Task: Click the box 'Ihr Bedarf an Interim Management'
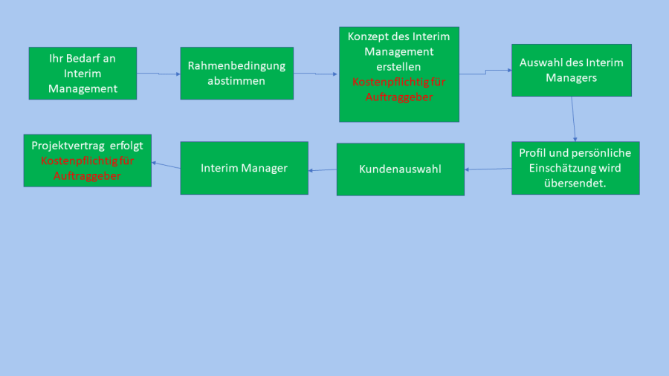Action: click(83, 73)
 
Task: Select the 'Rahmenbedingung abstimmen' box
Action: click(236, 73)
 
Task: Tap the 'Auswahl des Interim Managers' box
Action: click(571, 70)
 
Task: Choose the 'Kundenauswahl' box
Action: click(400, 169)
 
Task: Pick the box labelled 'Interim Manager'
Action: click(244, 168)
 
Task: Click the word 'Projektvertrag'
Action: click(65, 146)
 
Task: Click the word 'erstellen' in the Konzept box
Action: click(398, 67)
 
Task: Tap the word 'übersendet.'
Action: click(575, 183)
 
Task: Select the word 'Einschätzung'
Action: click(563, 168)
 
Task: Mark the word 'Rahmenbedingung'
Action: click(236, 65)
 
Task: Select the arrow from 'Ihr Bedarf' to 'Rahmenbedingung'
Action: click(158, 74)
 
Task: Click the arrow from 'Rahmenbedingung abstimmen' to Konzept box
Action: click(316, 74)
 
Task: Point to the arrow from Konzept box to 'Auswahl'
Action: click(485, 71)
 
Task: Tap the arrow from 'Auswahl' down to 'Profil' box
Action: click(573, 119)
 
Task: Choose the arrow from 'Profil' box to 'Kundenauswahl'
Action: click(488, 169)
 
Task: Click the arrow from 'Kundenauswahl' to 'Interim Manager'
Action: click(322, 170)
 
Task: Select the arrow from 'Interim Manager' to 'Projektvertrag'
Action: click(166, 164)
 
